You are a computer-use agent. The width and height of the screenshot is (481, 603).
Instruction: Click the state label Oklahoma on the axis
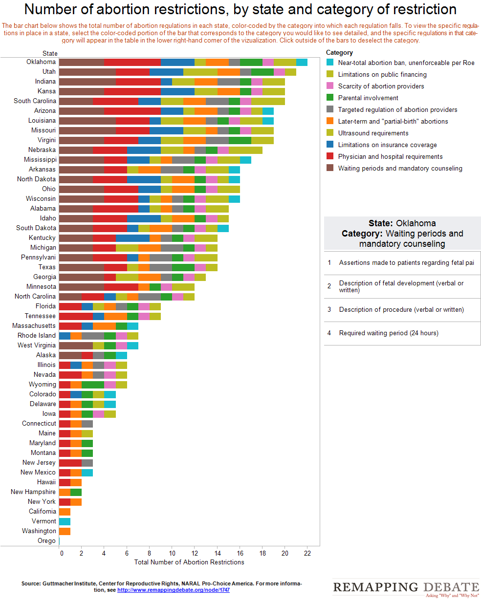(x=41, y=62)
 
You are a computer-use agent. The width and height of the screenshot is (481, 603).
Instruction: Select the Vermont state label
(x=44, y=521)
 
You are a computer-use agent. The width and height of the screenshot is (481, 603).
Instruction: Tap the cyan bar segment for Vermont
(x=65, y=521)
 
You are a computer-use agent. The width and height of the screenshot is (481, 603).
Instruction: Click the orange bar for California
(x=65, y=512)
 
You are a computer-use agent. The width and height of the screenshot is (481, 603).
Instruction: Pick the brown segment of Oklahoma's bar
(x=81, y=62)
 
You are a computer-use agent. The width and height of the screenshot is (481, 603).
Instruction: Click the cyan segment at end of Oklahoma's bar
(x=302, y=62)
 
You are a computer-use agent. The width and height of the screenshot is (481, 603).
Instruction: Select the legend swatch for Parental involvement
(x=330, y=98)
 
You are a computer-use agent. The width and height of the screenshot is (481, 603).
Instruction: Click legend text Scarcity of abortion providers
(x=381, y=86)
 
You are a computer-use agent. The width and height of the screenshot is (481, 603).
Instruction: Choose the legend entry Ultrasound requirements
(x=373, y=133)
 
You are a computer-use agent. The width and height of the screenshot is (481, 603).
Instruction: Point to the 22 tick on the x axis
(x=307, y=553)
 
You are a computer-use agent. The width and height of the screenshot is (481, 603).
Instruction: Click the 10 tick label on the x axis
(x=172, y=553)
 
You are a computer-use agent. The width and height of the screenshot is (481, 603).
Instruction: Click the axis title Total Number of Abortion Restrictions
(x=189, y=562)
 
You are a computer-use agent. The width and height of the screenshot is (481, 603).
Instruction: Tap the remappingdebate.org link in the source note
(x=173, y=590)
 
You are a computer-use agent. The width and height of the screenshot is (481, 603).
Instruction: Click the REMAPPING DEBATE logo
(x=406, y=587)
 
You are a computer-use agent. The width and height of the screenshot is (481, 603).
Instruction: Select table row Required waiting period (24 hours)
(x=389, y=333)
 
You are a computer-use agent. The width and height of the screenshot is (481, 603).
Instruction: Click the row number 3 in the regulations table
(x=329, y=310)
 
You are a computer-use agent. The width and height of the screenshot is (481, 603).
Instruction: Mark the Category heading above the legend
(x=339, y=53)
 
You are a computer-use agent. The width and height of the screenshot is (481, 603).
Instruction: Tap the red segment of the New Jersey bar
(x=70, y=463)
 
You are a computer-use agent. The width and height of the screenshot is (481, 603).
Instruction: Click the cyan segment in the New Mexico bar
(x=87, y=473)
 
